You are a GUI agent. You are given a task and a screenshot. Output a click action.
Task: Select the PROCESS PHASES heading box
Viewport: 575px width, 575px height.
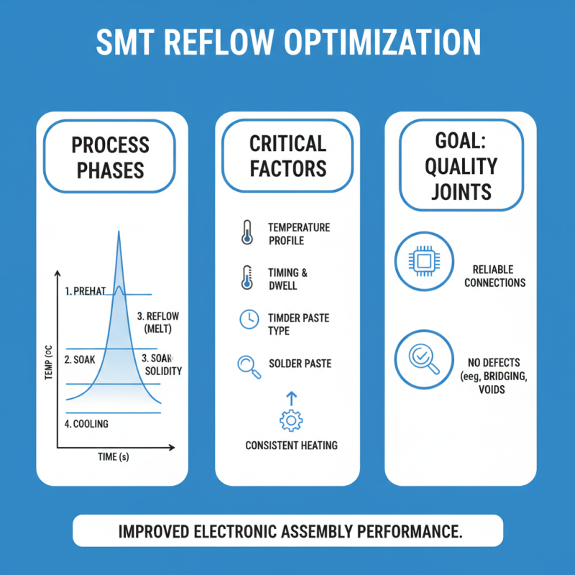point(110,157)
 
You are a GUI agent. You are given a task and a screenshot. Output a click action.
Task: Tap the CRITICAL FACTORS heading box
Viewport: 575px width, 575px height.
point(287,155)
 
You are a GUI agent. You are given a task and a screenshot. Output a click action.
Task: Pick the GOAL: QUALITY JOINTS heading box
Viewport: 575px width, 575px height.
point(461,166)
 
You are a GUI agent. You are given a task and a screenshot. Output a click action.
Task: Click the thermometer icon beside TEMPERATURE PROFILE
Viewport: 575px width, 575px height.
point(247,234)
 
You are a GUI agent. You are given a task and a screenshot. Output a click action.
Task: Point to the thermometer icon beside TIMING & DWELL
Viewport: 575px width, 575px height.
point(247,277)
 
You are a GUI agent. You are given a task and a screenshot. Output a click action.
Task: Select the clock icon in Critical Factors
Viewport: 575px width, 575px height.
point(248,320)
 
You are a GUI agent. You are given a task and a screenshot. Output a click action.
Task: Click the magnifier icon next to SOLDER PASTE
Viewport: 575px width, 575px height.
point(247,365)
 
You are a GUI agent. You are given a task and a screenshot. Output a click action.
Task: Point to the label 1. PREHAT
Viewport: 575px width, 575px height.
point(85,291)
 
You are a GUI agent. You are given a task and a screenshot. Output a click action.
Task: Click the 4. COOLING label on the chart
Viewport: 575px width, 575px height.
point(86,424)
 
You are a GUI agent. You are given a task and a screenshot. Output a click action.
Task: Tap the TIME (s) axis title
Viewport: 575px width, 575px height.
point(114,457)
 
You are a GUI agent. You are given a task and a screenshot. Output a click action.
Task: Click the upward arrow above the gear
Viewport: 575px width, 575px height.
point(291,396)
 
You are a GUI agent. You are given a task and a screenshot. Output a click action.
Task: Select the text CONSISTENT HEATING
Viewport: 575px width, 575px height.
point(291,446)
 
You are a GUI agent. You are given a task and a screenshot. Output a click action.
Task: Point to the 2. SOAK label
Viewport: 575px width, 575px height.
point(79,359)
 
